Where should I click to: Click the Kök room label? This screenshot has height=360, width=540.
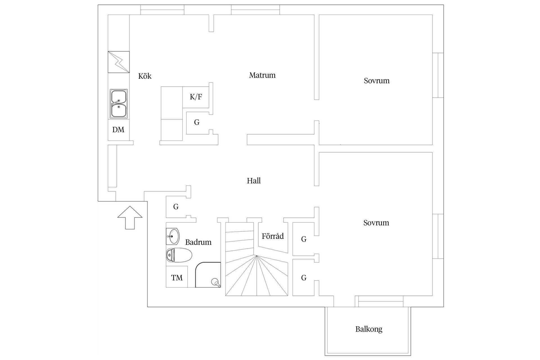(x=145, y=76)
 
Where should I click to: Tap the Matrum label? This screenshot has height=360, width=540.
(x=262, y=75)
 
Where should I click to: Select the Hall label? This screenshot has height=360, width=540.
(x=254, y=181)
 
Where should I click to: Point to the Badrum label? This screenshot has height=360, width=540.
(x=198, y=242)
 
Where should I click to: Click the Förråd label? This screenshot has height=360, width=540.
(x=273, y=236)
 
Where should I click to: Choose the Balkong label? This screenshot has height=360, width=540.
(x=369, y=329)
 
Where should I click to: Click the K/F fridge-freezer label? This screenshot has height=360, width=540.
(x=196, y=97)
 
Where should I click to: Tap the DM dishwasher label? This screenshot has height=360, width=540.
(x=118, y=130)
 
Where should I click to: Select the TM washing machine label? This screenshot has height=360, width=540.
(x=177, y=278)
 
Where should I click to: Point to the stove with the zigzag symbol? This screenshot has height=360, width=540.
(x=119, y=62)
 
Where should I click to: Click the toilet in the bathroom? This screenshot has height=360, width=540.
(x=179, y=255)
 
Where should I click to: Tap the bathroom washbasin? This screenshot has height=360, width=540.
(x=172, y=236)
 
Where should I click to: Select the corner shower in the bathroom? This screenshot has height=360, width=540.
(x=208, y=275)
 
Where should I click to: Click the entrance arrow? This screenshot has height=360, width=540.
(x=130, y=217)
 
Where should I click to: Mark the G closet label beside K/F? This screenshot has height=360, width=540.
(x=197, y=122)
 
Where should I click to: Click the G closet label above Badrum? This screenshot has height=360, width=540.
(x=176, y=207)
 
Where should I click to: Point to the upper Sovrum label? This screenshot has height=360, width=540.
(x=377, y=81)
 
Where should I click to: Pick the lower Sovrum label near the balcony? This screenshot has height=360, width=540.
(x=376, y=223)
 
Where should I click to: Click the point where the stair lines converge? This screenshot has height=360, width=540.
(x=256, y=256)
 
